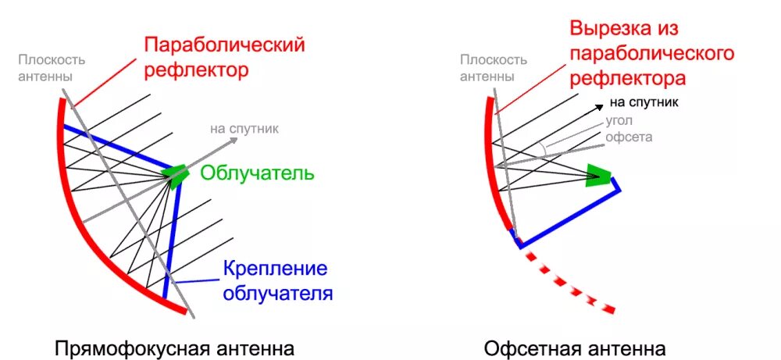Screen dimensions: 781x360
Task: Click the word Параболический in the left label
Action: (223, 45)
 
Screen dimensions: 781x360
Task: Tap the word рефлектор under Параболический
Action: (196, 70)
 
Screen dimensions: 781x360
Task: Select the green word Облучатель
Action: (257, 173)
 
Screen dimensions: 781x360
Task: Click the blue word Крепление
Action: (275, 269)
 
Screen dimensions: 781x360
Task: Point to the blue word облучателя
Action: (278, 294)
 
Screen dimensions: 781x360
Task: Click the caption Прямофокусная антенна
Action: (175, 347)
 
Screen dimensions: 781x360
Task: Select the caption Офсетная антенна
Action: (575, 347)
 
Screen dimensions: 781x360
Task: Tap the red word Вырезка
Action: (614, 29)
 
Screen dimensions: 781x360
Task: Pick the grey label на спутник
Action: (243, 129)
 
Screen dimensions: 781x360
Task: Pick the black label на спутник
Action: (644, 102)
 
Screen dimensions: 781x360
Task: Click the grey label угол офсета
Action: (629, 129)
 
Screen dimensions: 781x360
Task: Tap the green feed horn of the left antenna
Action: (174, 176)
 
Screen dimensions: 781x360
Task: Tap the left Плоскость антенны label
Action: (52, 68)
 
